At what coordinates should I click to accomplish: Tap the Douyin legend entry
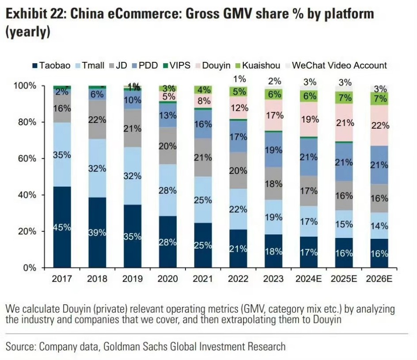[x=216, y=65]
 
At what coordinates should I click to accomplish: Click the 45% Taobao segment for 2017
[x=62, y=227]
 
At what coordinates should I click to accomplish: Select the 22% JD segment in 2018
[x=97, y=119]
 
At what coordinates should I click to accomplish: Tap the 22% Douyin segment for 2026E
[x=379, y=126]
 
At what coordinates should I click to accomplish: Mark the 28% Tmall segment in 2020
[x=168, y=190]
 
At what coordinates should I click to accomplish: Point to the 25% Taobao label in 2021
[x=203, y=245]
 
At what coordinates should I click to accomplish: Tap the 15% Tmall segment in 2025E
[x=344, y=224]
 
